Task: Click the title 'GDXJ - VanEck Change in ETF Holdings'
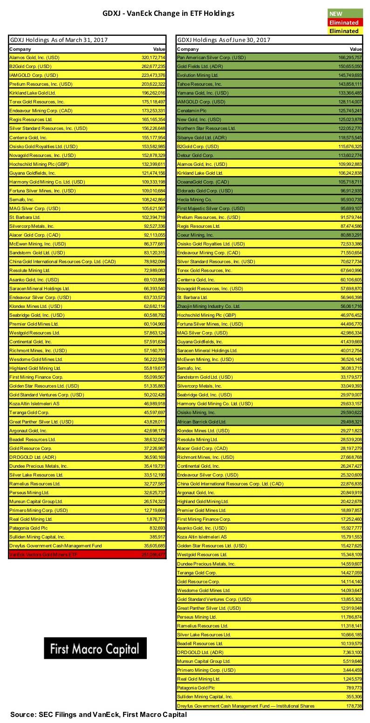pos(168,14)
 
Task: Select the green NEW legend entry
pos(345,14)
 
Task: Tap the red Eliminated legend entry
pos(345,22)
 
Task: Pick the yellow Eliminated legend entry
pos(345,31)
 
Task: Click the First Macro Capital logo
pos(95,648)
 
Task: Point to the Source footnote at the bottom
pos(98,714)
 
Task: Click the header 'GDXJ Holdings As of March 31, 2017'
pos(59,40)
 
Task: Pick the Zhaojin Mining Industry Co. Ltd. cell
pos(208,306)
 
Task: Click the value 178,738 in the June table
pos(353,706)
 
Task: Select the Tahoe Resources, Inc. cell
pos(199,84)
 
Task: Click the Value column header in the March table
pos(159,49)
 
